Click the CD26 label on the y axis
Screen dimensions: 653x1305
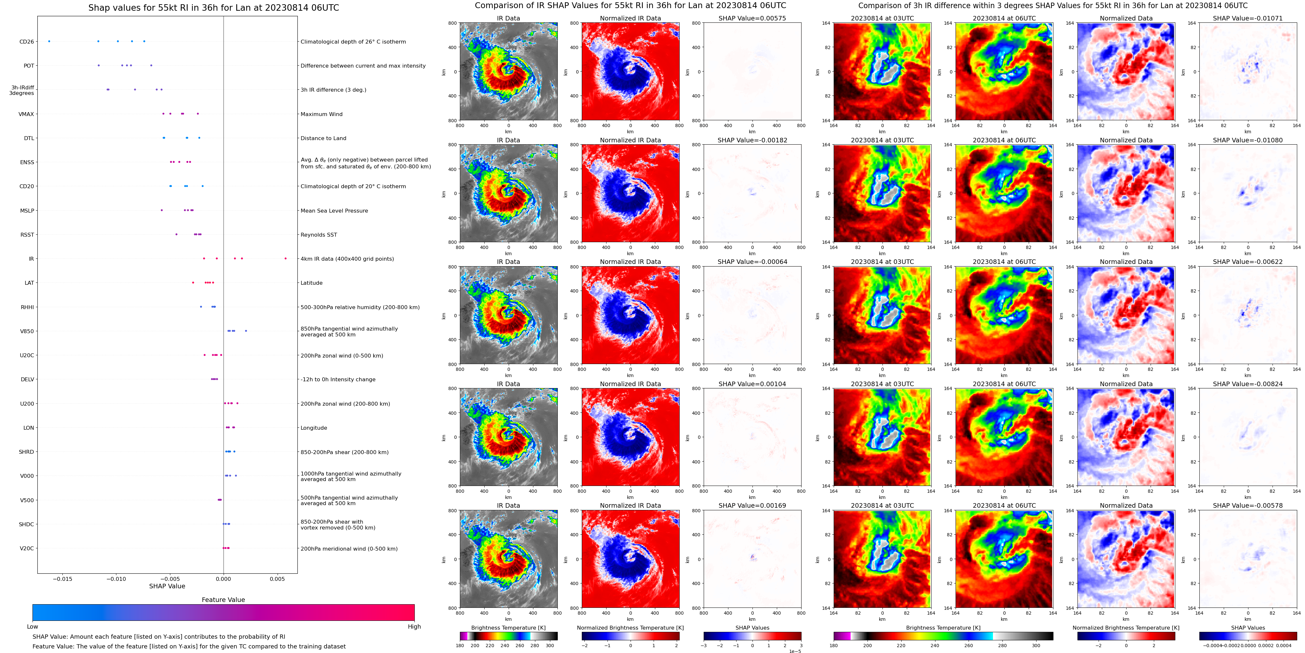point(26,42)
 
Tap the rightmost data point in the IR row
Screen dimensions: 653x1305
point(286,258)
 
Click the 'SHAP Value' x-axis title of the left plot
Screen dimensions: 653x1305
point(167,586)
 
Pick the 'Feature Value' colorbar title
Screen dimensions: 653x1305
point(223,600)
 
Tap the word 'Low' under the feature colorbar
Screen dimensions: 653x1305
point(33,627)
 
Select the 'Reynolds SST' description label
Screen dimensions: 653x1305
point(319,235)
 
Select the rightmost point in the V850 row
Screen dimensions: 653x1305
point(246,331)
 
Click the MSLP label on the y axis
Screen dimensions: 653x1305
point(27,211)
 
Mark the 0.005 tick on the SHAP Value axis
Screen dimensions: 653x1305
point(277,579)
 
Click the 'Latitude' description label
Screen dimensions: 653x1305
point(312,283)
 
